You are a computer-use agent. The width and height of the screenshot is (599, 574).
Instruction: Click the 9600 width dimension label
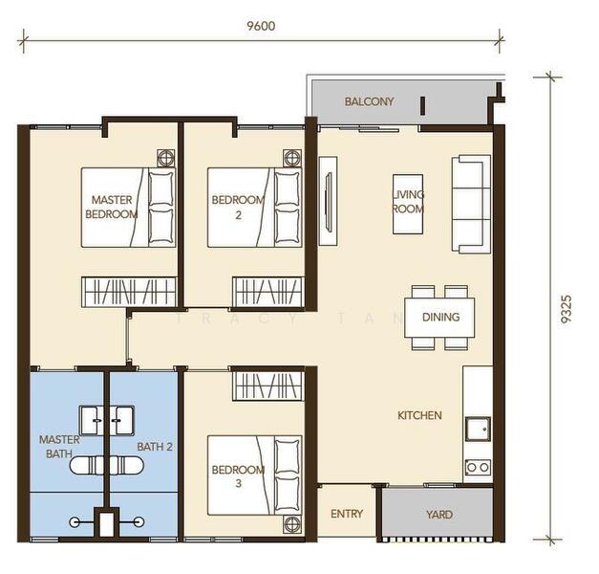261,26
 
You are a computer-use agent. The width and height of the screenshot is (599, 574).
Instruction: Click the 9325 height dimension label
566,309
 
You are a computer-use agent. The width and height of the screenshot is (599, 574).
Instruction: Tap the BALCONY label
369,101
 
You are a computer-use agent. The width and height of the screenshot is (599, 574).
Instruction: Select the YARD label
439,515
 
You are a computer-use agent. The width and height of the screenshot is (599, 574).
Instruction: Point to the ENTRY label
347,514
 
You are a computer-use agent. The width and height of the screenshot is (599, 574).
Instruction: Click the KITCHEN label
419,415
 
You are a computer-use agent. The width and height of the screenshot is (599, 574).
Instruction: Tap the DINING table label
440,317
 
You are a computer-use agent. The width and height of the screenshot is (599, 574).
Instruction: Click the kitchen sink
478,429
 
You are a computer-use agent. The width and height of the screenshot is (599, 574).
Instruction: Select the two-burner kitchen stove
478,467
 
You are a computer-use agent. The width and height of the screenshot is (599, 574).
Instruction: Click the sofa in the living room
471,204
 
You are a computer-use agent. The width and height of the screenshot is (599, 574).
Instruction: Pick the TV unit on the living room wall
328,201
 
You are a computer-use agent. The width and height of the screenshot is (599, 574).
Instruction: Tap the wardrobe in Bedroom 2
268,292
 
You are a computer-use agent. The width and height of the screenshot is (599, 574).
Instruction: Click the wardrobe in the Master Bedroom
129,292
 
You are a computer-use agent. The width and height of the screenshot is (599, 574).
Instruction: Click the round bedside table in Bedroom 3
292,524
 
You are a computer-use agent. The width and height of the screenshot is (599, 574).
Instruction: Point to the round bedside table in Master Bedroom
166,158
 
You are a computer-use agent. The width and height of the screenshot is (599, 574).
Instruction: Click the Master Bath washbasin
92,421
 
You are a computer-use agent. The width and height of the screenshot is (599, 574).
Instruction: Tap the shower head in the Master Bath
75,522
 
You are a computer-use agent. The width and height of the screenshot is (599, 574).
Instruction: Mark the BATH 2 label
155,447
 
